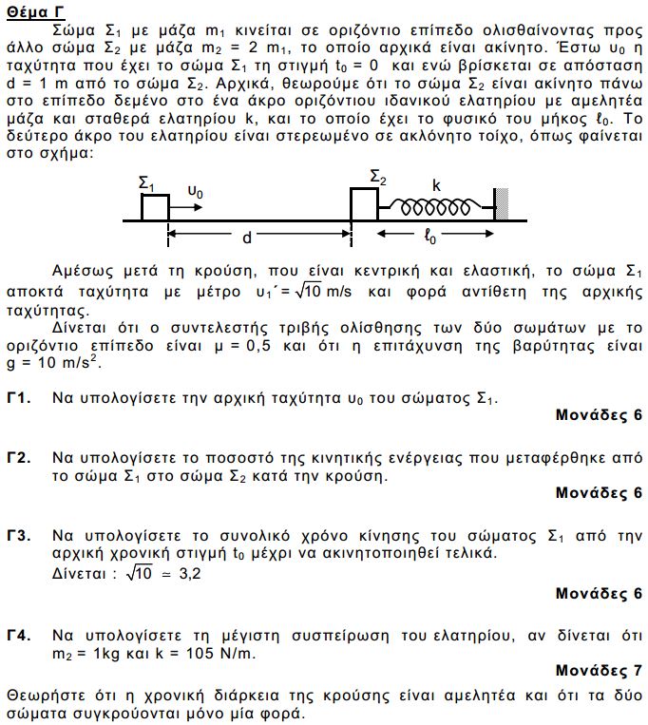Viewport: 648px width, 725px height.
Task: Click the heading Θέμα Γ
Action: click(x=35, y=11)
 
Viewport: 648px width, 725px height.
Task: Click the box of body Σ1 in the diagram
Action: click(x=155, y=206)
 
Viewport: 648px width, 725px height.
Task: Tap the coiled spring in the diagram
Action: click(x=434, y=204)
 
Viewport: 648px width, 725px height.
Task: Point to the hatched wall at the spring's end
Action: click(x=500, y=203)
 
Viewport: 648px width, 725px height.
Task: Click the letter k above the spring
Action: click(x=436, y=185)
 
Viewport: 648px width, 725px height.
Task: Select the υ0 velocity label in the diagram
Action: click(x=195, y=191)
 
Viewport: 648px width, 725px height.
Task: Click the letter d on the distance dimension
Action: click(x=246, y=235)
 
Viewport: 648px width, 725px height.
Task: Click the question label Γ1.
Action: click(x=19, y=395)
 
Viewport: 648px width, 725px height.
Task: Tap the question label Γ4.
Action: click(x=19, y=635)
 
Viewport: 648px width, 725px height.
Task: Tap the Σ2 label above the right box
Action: click(x=377, y=178)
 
